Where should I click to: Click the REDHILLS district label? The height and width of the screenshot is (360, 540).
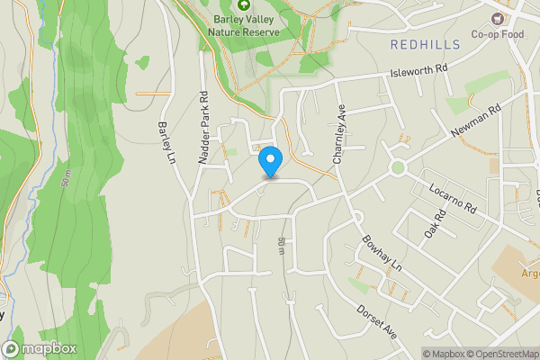tap(426, 43)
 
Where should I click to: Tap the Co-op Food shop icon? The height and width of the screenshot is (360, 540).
tap(495, 19)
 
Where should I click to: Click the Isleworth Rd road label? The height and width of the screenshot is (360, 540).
tap(418, 69)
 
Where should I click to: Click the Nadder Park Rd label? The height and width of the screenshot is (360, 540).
tap(204, 126)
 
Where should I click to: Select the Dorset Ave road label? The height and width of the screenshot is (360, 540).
tap(376, 319)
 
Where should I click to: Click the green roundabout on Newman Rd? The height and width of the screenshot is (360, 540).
tap(397, 167)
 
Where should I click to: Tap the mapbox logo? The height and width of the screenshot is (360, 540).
tap(40, 348)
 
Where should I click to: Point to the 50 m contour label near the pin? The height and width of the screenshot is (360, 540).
tap(282, 245)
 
